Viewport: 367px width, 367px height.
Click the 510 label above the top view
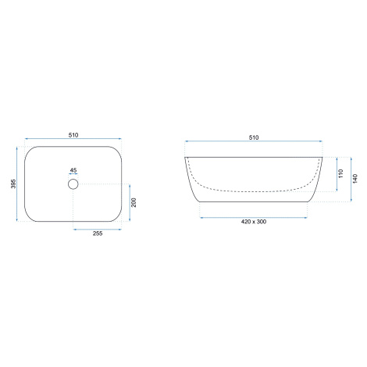pos(73,135)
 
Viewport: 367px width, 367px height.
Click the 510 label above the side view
pos(254,137)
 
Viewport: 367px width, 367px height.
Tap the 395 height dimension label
pos(13,183)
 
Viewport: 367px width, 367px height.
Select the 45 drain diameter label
pos(73,170)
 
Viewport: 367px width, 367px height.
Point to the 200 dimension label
pos(134,202)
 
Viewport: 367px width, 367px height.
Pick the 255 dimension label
pos(98,233)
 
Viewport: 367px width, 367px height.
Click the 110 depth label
pos(341,173)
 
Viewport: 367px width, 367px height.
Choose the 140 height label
pos(355,179)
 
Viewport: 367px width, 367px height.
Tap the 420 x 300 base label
pos(254,222)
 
